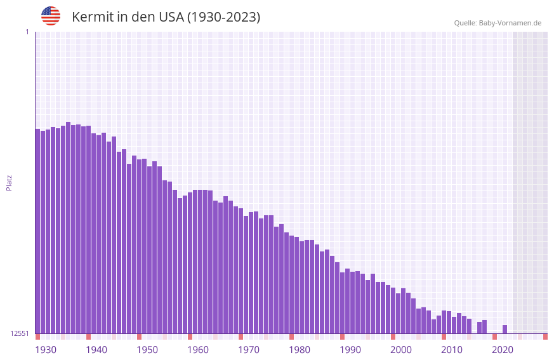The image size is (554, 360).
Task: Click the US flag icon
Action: [x=51, y=16]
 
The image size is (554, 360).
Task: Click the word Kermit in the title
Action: [x=91, y=17]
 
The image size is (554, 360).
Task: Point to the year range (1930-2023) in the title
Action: [x=223, y=17]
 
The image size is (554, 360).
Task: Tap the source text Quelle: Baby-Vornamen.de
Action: [x=498, y=23]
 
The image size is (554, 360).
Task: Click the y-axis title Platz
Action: [x=9, y=182]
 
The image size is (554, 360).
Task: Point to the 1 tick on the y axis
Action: [x=27, y=32]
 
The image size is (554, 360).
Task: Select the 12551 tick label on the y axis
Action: [x=20, y=333]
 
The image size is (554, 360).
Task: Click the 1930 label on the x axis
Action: [x=46, y=350]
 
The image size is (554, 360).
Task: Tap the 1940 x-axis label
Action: [x=96, y=350]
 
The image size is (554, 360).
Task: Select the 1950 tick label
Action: [x=147, y=350]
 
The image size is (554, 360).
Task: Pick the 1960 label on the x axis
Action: [x=198, y=350]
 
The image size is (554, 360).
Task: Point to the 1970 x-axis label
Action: [x=249, y=350]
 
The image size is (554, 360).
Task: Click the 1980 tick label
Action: [x=300, y=350]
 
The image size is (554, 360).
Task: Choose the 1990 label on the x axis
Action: [x=350, y=350]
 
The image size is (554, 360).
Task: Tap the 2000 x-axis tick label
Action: [x=401, y=350]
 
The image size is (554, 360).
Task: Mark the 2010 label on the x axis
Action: [x=452, y=350]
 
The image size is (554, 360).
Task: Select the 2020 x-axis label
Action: [x=503, y=350]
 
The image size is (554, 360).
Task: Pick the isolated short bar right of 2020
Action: [x=505, y=329]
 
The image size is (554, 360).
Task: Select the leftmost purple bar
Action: [x=38, y=231]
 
